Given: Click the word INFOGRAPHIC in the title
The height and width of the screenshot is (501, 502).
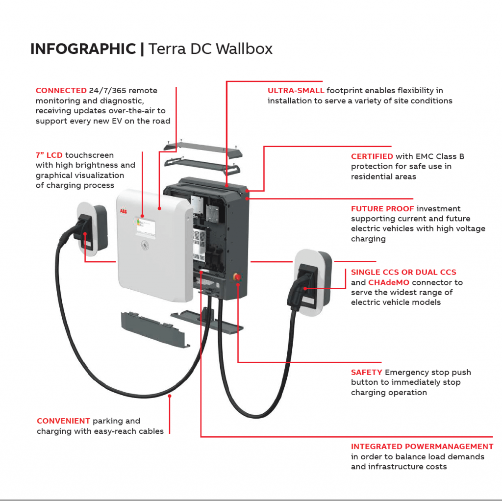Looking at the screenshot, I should (x=83, y=49).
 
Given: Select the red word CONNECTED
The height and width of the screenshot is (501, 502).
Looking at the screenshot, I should (x=61, y=91).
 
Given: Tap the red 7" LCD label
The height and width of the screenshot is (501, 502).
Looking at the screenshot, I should (x=49, y=155).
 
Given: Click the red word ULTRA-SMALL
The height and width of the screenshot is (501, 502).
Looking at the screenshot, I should (x=296, y=91).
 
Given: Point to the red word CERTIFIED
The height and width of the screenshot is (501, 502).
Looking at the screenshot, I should (x=372, y=156).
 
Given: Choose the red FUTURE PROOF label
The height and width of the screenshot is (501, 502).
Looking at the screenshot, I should (x=381, y=209).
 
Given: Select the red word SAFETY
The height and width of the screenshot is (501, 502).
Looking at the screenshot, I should (x=366, y=373).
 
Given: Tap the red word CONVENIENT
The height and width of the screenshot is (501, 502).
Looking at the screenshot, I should (x=63, y=421).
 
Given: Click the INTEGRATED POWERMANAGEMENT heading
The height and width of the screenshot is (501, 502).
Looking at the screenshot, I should (x=422, y=447).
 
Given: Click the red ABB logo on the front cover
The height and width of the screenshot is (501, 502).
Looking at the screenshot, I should (x=123, y=211).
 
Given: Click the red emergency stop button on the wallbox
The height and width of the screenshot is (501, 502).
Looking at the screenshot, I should (x=238, y=278).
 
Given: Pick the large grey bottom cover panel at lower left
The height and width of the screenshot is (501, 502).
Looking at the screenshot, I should (x=155, y=329).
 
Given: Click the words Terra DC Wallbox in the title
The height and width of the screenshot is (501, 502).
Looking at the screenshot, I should (x=210, y=49).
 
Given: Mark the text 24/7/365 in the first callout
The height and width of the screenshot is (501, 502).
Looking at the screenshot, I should (x=106, y=91).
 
